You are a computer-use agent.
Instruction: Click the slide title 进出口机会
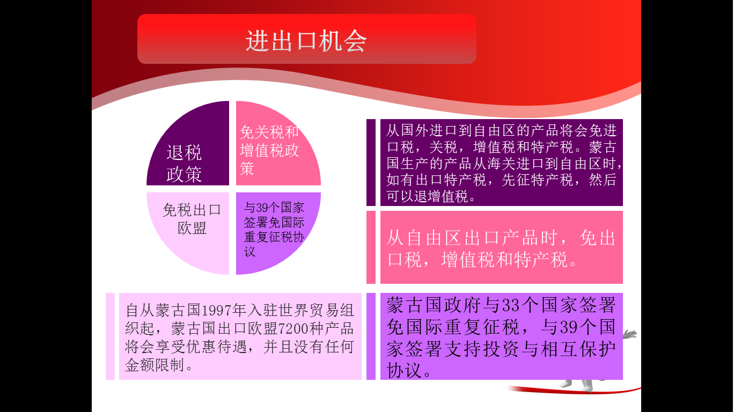click(306, 41)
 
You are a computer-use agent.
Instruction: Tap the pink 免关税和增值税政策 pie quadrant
click(272, 151)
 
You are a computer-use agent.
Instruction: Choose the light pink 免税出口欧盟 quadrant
click(193, 229)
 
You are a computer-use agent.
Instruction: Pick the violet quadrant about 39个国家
click(272, 229)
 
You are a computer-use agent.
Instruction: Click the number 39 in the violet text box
click(569, 327)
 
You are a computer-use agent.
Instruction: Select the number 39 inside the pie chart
click(262, 208)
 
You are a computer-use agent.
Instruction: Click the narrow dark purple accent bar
click(371, 163)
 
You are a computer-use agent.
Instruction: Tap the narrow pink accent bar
click(371, 247)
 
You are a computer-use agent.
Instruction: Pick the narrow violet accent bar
click(371, 336)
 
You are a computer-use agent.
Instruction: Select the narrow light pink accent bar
click(110, 336)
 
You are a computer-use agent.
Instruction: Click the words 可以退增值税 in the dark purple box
click(427, 196)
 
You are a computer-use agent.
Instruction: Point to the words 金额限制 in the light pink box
click(155, 365)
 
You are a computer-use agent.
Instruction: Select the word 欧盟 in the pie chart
click(192, 229)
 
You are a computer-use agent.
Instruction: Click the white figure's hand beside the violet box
click(630, 334)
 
